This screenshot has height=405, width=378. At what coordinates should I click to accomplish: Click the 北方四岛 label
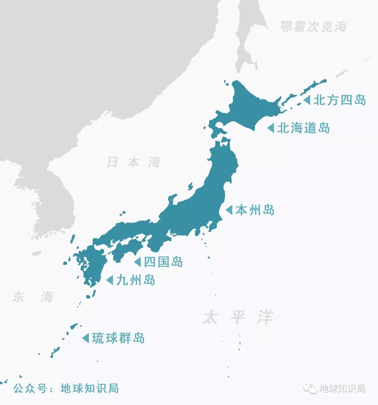339,100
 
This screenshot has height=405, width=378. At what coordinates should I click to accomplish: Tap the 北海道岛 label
303,128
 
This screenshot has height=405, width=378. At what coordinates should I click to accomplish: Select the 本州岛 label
255,210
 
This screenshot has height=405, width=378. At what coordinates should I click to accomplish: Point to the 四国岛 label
163,262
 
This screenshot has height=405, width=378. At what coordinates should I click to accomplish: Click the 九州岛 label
135,280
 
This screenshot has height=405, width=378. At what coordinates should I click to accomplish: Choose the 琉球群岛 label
118,338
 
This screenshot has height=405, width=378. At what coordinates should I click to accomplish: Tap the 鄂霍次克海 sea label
314,27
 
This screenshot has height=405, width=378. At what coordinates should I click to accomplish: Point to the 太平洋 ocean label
238,318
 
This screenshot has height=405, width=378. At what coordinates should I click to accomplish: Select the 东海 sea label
33,297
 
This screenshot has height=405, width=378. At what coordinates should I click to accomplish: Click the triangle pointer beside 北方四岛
307,100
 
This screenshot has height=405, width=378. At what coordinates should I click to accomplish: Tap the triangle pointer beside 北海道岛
271,128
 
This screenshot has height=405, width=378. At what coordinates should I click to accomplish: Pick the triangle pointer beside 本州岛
229,210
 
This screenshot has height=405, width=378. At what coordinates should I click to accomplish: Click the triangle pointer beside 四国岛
138,262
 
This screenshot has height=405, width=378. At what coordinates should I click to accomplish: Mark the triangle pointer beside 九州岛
110,280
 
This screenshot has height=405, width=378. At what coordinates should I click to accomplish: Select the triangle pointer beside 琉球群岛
85,338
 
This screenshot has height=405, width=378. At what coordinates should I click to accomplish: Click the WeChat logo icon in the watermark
310,388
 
